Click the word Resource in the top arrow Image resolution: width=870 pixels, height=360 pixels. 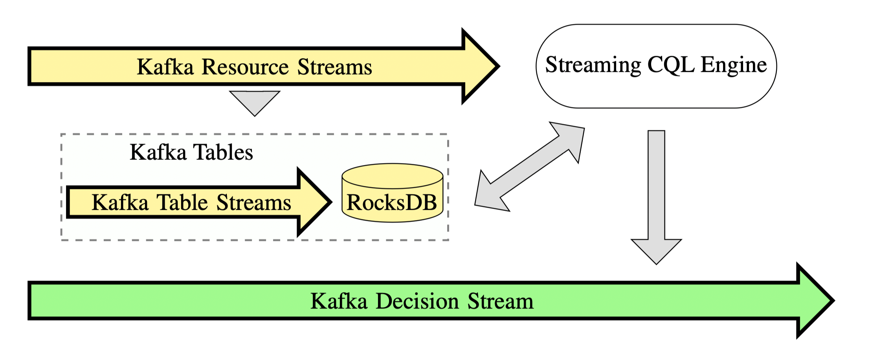point(246,67)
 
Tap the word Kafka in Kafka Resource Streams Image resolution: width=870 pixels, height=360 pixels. point(165,66)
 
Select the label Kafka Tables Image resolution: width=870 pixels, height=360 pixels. point(191,152)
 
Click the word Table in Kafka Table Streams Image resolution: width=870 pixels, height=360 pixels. point(182,202)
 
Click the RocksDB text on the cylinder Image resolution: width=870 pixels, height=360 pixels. point(392,203)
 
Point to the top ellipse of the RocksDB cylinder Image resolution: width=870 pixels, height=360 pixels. point(393,176)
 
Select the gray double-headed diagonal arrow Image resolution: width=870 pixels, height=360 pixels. point(530,167)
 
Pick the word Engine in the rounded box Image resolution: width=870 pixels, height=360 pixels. point(734,65)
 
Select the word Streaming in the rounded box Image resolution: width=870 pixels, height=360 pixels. point(593,65)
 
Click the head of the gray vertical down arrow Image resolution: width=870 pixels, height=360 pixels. point(656,252)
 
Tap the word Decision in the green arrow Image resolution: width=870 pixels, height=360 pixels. point(417,301)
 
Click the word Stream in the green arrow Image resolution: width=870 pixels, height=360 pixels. point(501,301)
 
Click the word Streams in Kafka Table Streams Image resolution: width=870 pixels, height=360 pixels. point(254,202)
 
